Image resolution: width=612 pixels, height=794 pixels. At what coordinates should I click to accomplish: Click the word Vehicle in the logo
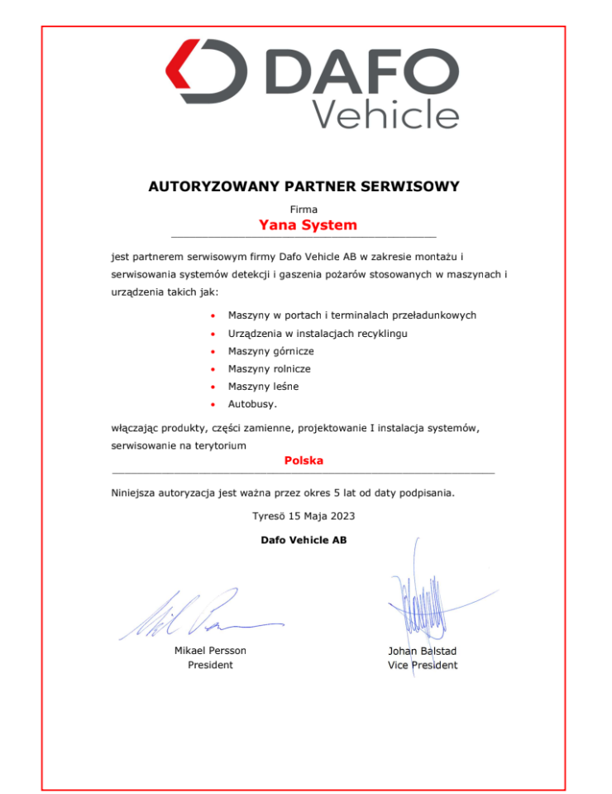pyautogui.click(x=386, y=113)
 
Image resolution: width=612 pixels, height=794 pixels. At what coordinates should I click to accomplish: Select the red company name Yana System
pyautogui.click(x=308, y=225)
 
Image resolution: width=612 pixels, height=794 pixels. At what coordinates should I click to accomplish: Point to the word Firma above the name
pyautogui.click(x=304, y=210)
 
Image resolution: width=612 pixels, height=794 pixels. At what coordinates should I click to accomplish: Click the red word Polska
pyautogui.click(x=304, y=460)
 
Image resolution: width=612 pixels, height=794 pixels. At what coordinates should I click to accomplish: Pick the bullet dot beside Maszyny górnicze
pyautogui.click(x=213, y=352)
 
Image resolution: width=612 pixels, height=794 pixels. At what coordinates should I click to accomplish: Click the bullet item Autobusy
pyautogui.click(x=252, y=404)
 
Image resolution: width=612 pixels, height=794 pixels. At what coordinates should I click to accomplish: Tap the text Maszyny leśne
pyautogui.click(x=263, y=387)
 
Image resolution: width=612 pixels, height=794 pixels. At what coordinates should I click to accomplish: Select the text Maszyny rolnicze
pyautogui.click(x=269, y=368)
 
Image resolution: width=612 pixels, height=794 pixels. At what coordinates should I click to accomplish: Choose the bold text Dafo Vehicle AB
pyautogui.click(x=304, y=540)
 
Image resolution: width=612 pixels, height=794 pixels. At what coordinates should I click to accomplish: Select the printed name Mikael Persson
pyautogui.click(x=210, y=651)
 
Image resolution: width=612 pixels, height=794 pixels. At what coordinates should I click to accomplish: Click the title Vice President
pyautogui.click(x=422, y=665)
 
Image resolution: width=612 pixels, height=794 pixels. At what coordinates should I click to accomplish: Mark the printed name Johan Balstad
pyautogui.click(x=422, y=651)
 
